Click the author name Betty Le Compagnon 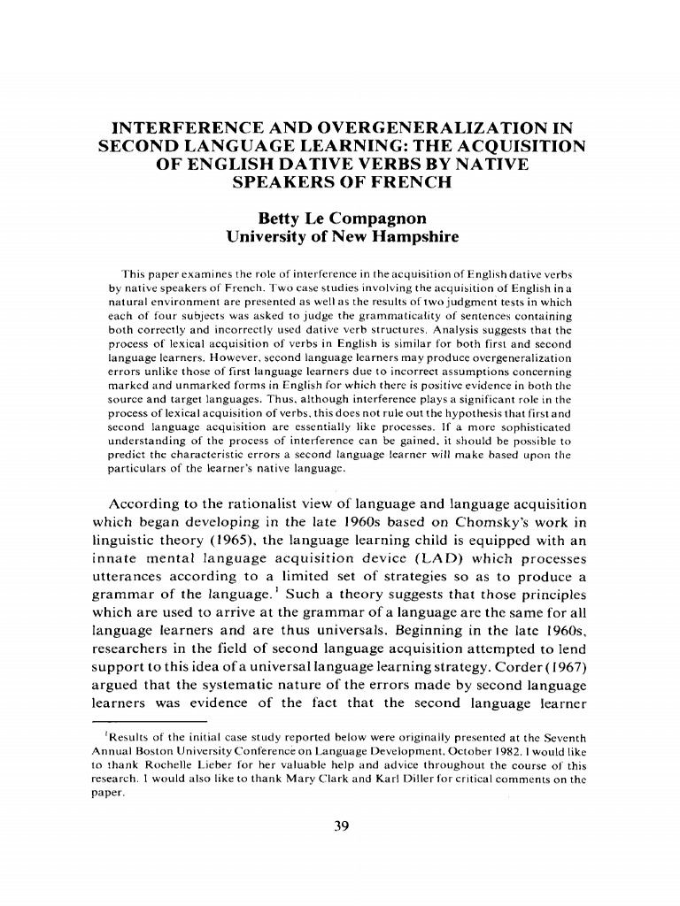point(339,217)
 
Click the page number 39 point(339,826)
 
